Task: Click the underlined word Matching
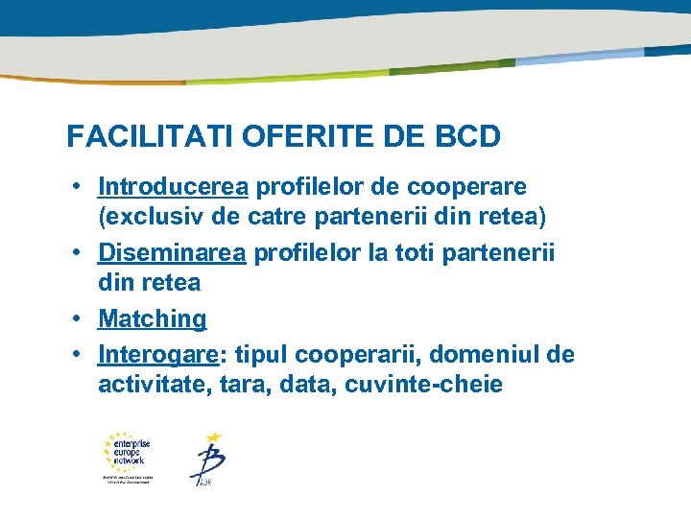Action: (152, 318)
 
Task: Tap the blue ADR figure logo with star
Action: (207, 459)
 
